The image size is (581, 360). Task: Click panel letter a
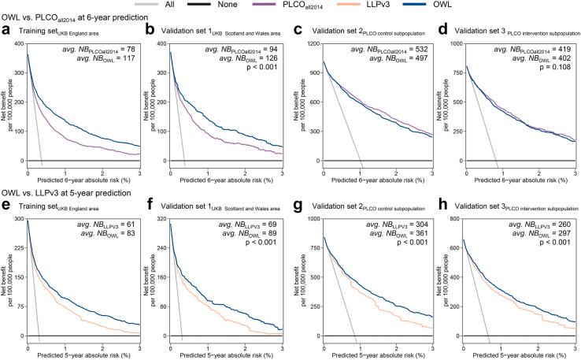pos(6,30)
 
